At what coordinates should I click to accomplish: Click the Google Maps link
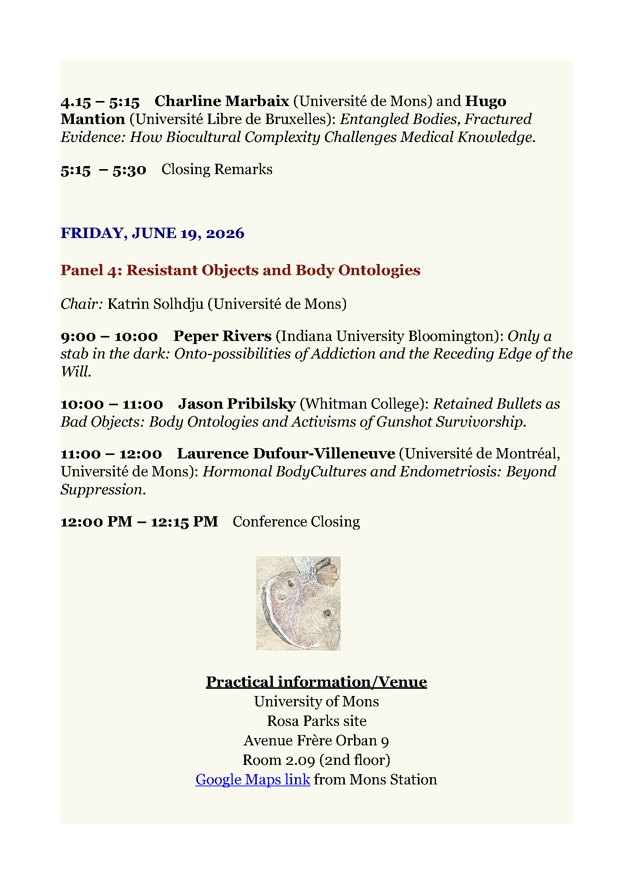[x=253, y=779]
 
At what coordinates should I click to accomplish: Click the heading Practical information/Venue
[x=316, y=682]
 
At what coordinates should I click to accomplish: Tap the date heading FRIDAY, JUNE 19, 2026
[x=152, y=233]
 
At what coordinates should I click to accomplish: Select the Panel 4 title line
[x=240, y=270]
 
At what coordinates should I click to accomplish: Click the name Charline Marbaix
[x=222, y=101]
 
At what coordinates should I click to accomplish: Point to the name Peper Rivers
[x=222, y=336]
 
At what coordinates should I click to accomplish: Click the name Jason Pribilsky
[x=237, y=404]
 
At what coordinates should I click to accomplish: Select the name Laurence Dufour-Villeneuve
[x=286, y=454]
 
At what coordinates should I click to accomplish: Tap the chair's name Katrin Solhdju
[x=155, y=304]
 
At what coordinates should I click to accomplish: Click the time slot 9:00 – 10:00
[x=109, y=336]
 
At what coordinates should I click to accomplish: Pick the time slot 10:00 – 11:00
[x=112, y=404]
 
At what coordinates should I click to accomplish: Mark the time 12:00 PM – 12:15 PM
[x=139, y=522]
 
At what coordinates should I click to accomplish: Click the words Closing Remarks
[x=217, y=170]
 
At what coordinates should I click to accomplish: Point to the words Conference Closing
[x=296, y=522]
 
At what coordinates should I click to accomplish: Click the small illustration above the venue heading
[x=298, y=603]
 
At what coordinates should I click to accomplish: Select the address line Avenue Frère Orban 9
[x=316, y=741]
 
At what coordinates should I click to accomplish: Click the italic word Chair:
[x=82, y=304]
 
